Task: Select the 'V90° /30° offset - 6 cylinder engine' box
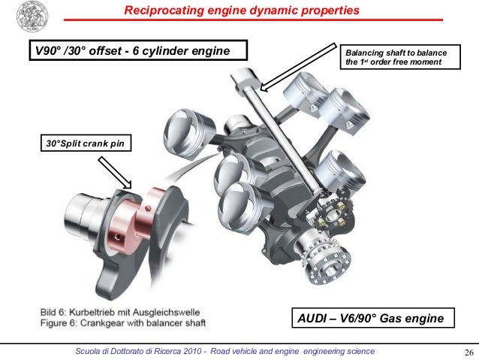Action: pos(137,52)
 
